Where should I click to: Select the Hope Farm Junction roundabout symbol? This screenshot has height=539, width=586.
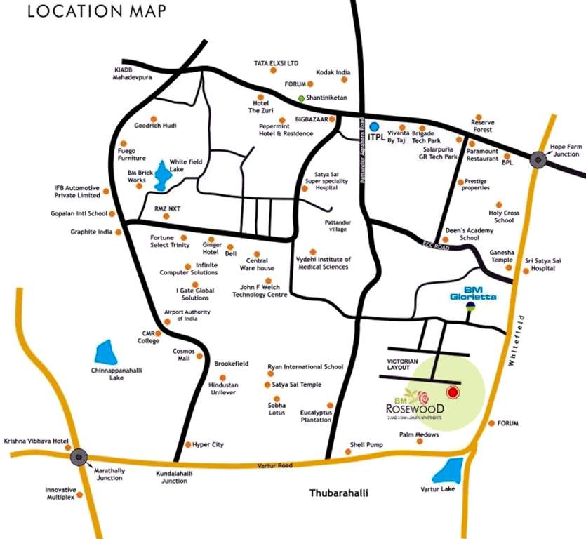point(538,159)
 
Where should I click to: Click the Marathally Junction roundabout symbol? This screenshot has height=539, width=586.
point(79,456)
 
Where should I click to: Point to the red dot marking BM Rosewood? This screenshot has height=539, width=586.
point(453,392)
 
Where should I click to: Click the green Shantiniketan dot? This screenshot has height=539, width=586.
point(302,98)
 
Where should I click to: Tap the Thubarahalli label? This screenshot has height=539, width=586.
point(338,493)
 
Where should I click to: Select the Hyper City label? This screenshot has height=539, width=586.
point(208,444)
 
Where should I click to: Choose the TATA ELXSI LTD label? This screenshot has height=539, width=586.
point(276,63)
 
